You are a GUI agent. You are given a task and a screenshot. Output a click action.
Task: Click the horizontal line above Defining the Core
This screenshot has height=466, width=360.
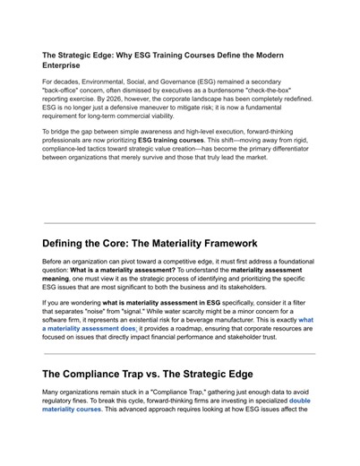pyautogui.click(x=179, y=223)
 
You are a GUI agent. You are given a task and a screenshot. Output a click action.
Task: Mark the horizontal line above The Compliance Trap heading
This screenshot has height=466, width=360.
pyautogui.click(x=179, y=354)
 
